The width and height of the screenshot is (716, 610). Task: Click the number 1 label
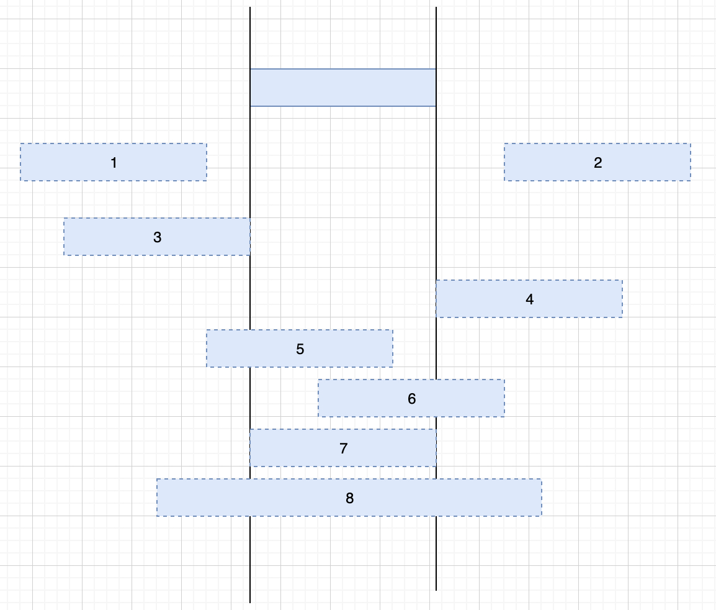114,163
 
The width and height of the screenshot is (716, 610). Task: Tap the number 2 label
597,163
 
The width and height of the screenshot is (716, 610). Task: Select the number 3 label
157,237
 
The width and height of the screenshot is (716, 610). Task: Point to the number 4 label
529,299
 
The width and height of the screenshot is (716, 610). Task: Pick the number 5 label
300,349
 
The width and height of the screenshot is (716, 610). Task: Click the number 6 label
412,399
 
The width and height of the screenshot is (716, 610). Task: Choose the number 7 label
344,448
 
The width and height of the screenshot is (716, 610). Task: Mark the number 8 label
350,498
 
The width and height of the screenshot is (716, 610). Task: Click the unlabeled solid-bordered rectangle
343,88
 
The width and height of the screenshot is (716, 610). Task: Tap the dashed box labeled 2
651,163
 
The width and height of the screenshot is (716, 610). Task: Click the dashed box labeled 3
105,237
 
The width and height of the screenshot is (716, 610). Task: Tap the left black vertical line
250,286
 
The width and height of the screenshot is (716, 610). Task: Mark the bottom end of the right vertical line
436,589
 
